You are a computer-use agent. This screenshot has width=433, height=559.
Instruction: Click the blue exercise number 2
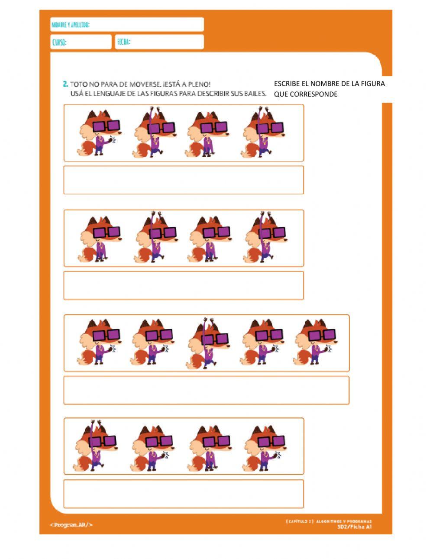(65, 84)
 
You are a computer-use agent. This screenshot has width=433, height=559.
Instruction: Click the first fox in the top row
(100, 133)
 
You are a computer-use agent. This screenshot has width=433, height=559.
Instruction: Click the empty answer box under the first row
(184, 180)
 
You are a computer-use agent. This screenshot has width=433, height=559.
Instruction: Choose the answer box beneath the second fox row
(184, 285)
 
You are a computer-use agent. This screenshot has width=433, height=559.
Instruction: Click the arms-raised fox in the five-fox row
(208, 343)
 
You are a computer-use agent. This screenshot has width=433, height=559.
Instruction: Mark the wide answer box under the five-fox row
(207, 390)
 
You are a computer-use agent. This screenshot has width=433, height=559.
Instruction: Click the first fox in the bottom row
(96, 446)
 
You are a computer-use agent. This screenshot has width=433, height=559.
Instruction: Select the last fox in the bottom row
(263, 448)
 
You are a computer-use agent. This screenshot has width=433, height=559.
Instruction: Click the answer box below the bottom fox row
(184, 494)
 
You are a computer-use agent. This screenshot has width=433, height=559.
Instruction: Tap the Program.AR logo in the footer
(71, 525)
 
